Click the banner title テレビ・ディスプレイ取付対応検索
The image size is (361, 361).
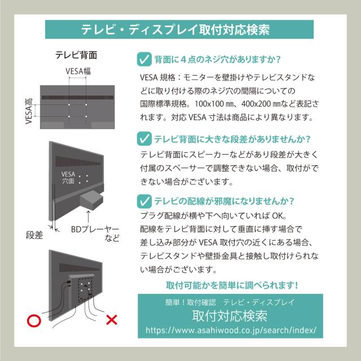pos(175,30)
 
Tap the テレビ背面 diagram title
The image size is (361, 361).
pos(76,55)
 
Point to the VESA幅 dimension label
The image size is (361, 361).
pos(78,71)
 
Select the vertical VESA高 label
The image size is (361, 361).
pos(29,111)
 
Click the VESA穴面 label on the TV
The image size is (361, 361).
pos(68,178)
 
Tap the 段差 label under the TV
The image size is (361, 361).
pos(34,235)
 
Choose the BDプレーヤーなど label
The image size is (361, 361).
pos(95,233)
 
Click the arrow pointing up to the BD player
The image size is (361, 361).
pos(89,217)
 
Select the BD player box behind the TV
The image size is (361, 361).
pos(91,200)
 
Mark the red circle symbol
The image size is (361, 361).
pos(34,320)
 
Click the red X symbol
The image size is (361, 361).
pos(112,320)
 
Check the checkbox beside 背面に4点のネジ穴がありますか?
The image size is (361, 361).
pos(144,59)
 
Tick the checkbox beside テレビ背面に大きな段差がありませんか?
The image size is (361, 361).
pos(144,139)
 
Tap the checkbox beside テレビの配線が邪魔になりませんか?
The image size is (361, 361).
pos(144,201)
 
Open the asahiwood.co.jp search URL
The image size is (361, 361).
pos(231,330)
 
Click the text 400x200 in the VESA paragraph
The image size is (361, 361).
pos(256,104)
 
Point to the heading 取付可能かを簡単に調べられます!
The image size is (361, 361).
pos(232,285)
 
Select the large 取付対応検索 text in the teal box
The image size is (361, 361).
pos(230,316)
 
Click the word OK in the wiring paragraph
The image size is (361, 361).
pos(278,215)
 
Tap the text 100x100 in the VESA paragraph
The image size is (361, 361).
pos(209,104)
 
